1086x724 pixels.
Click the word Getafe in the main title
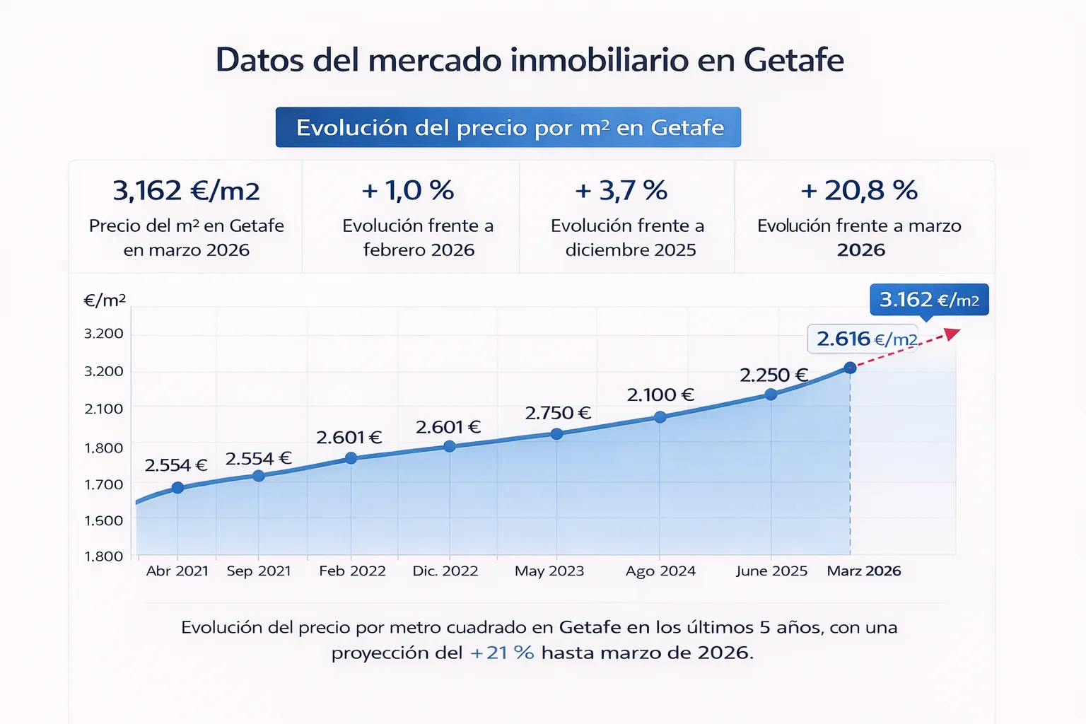(793, 60)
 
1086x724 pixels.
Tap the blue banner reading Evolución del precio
(508, 127)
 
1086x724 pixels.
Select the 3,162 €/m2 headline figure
(186, 190)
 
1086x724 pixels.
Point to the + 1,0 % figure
(408, 190)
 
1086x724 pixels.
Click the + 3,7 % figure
(621, 190)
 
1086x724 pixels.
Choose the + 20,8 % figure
(859, 190)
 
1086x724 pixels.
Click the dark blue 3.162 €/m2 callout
(928, 300)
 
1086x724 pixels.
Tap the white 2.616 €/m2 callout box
(863, 339)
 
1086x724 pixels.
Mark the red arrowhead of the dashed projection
(953, 333)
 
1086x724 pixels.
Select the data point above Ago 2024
(660, 417)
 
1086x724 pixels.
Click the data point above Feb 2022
(351, 458)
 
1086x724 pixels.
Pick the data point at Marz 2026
(850, 368)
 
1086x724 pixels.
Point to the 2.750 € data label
(558, 413)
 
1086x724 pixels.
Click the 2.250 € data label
(773, 375)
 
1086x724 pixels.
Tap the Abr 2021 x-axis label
(177, 571)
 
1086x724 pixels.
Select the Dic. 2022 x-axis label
(445, 571)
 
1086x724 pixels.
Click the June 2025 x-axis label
(771, 571)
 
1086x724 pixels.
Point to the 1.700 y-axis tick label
(104, 484)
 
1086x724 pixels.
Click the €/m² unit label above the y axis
(105, 300)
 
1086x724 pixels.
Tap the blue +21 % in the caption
(502, 652)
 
